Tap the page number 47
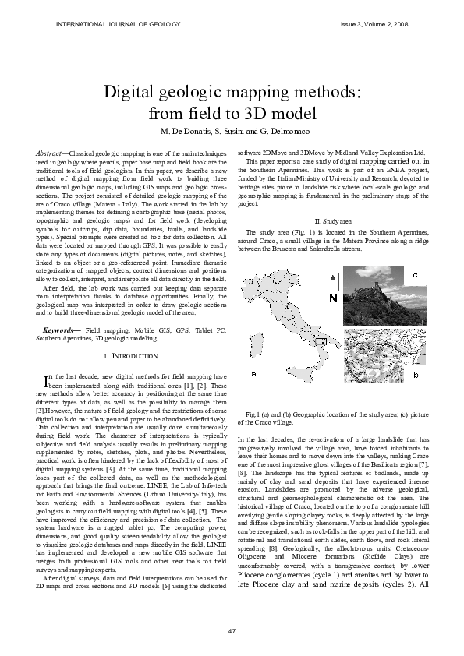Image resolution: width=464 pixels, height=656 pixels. [x=232, y=630]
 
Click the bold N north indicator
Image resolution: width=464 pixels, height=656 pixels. [x=333, y=298]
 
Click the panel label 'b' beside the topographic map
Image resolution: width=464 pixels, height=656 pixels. [x=416, y=376]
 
